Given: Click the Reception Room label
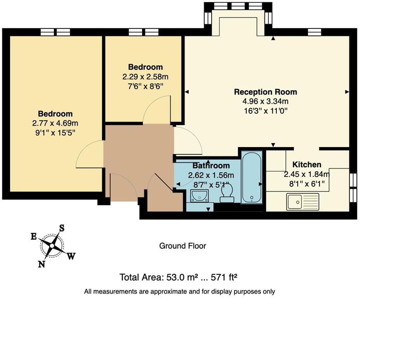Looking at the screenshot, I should coord(265,92).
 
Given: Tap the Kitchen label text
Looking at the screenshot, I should coord(307,164).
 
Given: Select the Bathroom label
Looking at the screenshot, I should coord(211,166).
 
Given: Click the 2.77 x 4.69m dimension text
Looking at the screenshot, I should coord(55,124).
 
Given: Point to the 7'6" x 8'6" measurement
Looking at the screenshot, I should coord(145,86).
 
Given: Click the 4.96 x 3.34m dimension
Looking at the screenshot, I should coord(265,102).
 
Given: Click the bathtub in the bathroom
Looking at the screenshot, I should coord(252,177).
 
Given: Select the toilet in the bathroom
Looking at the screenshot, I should coord(227,193).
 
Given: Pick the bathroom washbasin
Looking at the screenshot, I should coord(199,196).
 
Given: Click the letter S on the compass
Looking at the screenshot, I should coord(61,228).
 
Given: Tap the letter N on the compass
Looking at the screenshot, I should coord(41,264).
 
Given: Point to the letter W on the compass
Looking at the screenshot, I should coord(71,256).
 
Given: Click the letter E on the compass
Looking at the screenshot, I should coord(34,237).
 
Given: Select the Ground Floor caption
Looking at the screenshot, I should coord(183,246).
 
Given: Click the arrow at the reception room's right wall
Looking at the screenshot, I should coord(347,92).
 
